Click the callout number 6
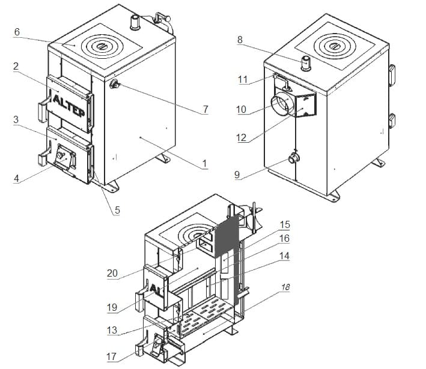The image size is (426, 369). pyautogui.click(x=17, y=32)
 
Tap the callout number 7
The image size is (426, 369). pyautogui.click(x=205, y=109)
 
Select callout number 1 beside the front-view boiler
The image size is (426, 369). pyautogui.click(x=204, y=164)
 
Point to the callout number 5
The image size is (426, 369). pyautogui.click(x=117, y=210)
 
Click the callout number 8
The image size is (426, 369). pyautogui.click(x=240, y=40)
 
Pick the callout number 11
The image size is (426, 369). pyautogui.click(x=243, y=79)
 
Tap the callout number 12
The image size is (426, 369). pyautogui.click(x=242, y=137)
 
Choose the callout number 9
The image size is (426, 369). pyautogui.click(x=237, y=175)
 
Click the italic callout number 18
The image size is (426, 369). pyautogui.click(x=285, y=287)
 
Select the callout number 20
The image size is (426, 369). pyautogui.click(x=112, y=273)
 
